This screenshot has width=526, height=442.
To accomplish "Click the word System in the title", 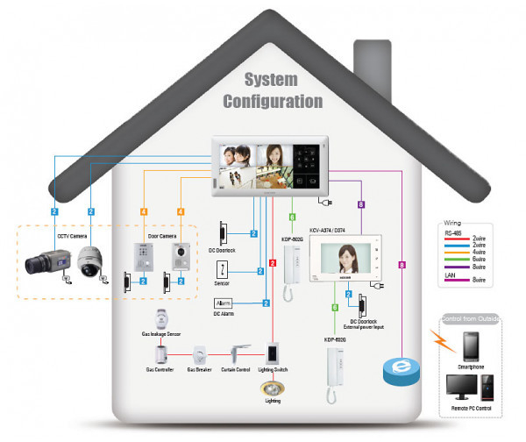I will coord(259,80).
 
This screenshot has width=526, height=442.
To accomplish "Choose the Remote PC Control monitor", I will coord(458,389).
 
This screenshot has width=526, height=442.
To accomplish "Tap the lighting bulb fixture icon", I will coord(273,387).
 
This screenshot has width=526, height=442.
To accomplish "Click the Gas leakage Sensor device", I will coord(160,318).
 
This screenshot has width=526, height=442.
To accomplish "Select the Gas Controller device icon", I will coord(160,356).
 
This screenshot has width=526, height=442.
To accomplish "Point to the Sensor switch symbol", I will coord(222,271).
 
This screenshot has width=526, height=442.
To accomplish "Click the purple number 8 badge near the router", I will coord(402,264).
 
